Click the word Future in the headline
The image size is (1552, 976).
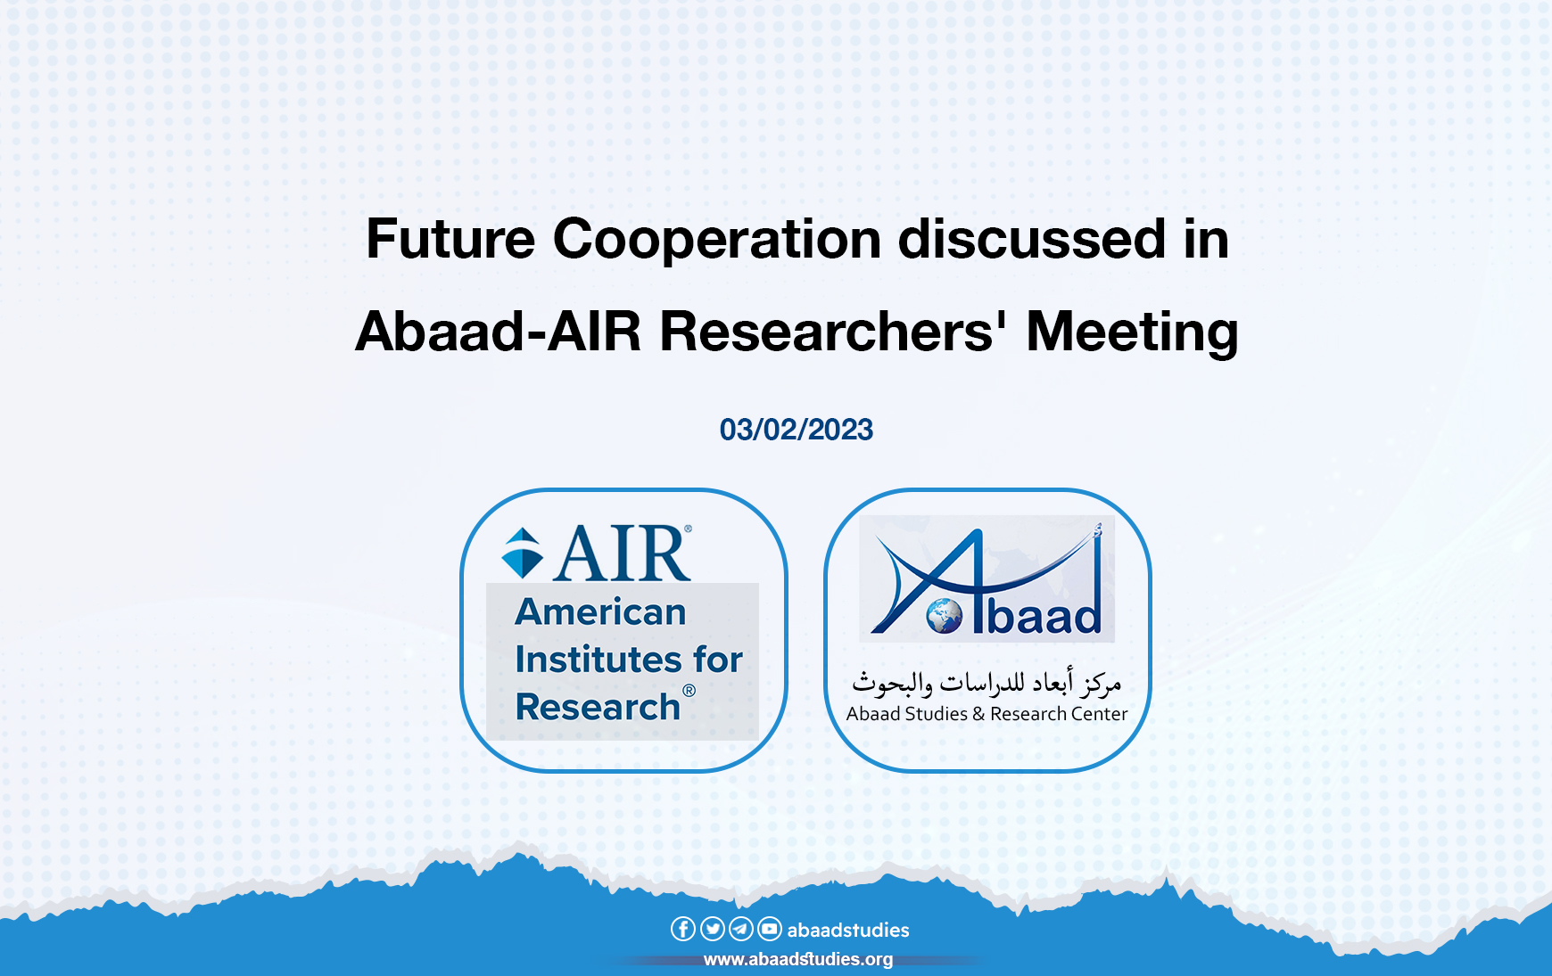tap(450, 240)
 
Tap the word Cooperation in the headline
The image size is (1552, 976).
tap(717, 240)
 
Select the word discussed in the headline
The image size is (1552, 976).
tap(1031, 240)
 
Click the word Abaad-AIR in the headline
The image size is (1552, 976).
tap(498, 332)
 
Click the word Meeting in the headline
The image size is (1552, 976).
tap(1132, 332)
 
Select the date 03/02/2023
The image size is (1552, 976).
tap(796, 430)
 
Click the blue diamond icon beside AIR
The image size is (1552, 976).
tap(523, 554)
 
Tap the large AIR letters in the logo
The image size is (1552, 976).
tap(622, 554)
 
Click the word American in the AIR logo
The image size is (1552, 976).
tap(600, 612)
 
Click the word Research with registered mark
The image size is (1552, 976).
tap(599, 707)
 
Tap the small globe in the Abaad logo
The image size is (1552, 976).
tap(944, 616)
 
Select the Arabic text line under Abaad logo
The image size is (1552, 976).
tap(986, 683)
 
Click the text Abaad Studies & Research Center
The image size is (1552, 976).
tap(987, 714)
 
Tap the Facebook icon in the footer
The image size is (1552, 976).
tap(682, 929)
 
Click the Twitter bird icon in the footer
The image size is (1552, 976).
tap(712, 929)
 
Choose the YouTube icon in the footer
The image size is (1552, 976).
tap(769, 929)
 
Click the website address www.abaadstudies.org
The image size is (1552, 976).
tap(797, 959)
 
